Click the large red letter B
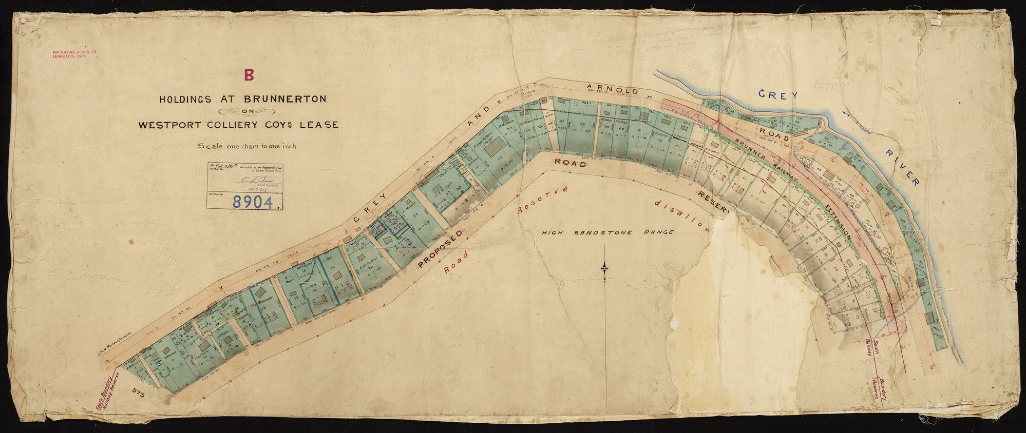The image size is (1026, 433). (249, 75)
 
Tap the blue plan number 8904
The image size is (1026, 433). (252, 202)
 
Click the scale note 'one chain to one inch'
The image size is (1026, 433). (247, 146)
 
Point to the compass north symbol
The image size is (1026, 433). (605, 267)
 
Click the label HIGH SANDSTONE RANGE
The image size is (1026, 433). (607, 232)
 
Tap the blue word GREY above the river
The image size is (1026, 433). (778, 95)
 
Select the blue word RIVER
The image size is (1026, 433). (902, 169)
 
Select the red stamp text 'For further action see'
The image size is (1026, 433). (74, 52)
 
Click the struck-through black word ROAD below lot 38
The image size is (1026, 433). (569, 164)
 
